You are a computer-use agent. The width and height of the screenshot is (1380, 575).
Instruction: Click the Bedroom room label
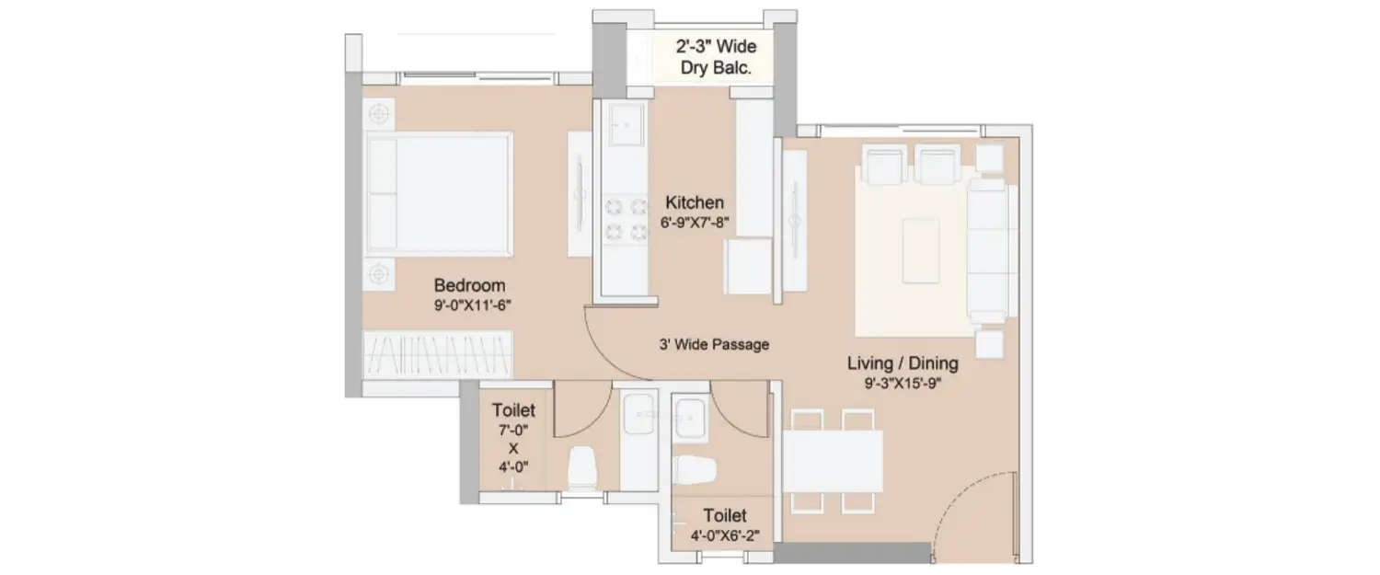(x=469, y=285)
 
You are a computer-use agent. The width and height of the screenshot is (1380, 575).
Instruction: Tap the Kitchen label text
(x=695, y=202)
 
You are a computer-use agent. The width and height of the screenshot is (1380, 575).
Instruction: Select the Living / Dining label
(x=903, y=363)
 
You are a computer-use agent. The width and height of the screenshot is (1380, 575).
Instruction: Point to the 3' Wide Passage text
(x=713, y=344)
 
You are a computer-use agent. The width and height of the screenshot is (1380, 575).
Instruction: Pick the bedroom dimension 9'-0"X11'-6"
(x=469, y=306)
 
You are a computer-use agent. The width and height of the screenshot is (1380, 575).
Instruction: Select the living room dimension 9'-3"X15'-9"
(x=903, y=384)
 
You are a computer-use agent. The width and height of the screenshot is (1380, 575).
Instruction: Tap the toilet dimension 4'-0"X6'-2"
(x=724, y=535)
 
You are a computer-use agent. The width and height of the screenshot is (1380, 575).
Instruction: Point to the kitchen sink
(x=627, y=124)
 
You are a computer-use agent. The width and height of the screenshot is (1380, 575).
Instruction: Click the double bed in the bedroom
(x=439, y=193)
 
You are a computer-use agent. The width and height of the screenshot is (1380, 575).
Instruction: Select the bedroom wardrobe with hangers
(x=438, y=354)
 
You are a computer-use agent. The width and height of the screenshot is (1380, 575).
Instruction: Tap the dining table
(x=833, y=461)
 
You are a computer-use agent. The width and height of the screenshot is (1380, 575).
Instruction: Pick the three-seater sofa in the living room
(x=990, y=249)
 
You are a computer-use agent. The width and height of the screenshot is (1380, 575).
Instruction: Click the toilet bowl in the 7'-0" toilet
(x=583, y=467)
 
